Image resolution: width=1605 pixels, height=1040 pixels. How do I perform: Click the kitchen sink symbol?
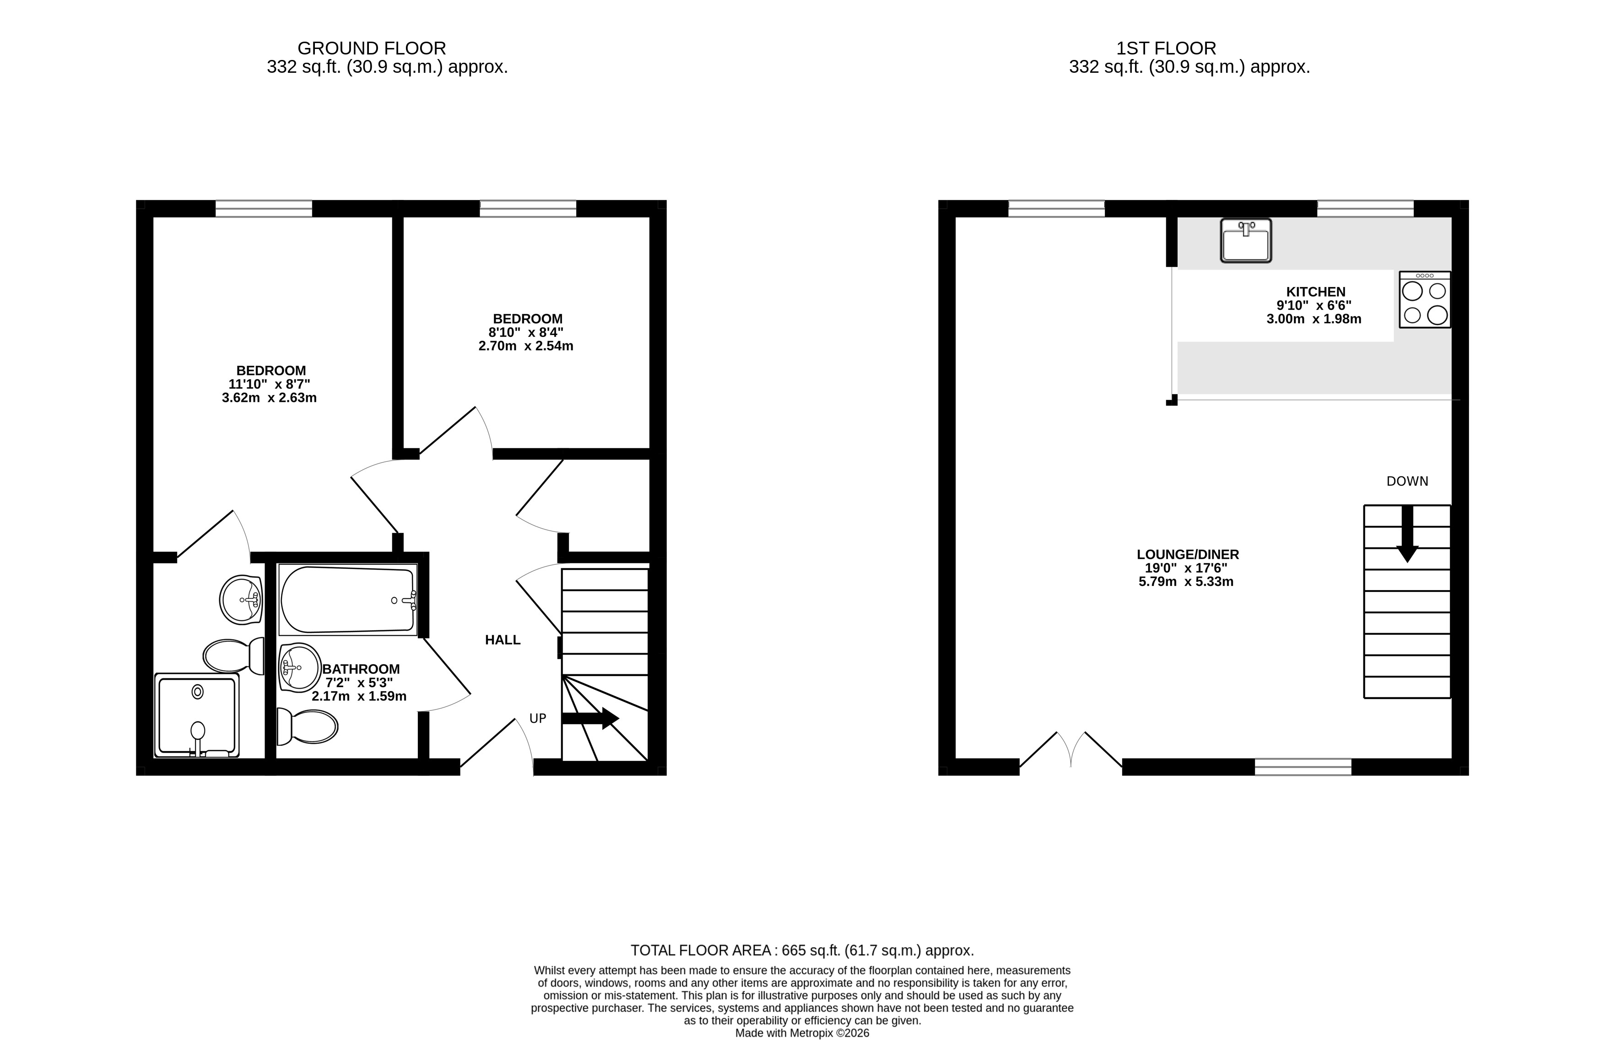1246,240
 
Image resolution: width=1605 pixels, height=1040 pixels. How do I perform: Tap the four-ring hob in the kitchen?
1425,299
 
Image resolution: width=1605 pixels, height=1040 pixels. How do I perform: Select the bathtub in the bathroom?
348,600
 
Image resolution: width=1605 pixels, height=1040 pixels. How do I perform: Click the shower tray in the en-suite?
197,715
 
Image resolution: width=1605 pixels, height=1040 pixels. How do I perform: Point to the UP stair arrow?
590,718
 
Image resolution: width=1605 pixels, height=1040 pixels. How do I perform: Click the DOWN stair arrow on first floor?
1407,533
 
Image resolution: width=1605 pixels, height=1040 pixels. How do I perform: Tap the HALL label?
503,640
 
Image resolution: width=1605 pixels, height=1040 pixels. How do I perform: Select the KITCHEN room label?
1316,292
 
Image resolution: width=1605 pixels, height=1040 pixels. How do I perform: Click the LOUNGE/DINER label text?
1188,554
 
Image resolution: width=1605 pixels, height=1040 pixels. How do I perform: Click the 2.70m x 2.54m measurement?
526,346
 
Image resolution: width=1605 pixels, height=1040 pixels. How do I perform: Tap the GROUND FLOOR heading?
372,49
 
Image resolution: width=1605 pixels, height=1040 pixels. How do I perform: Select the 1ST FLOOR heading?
1166,49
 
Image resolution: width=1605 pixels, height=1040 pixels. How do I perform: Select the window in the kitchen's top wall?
1365,208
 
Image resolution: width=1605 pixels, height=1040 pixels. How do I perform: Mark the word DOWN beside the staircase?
1407,482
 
